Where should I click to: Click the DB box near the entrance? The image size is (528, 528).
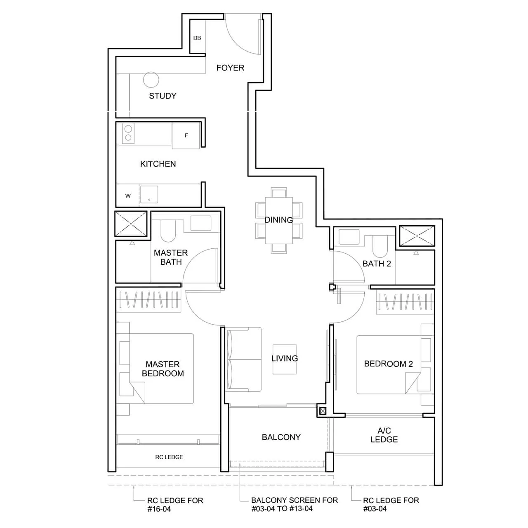coord(197,38)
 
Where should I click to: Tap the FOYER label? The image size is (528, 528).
coord(230,68)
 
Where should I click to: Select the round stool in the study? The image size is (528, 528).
coord(151,80)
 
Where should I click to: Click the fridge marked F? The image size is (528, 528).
coord(186,135)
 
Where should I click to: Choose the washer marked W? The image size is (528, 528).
coord(128,196)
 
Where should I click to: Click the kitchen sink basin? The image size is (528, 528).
coord(149,195)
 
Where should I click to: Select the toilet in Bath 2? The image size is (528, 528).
coord(379,247)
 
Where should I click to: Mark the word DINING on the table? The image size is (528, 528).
coord(279,220)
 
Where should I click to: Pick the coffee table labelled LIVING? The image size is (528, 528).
coord(284,359)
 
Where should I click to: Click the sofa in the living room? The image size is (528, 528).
coord(244,359)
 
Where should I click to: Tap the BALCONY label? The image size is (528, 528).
coord(281,437)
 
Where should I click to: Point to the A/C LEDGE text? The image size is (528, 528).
coord(384,435)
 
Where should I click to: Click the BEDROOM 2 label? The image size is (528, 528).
coord(388,364)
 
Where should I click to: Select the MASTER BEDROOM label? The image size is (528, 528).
coord(163,369)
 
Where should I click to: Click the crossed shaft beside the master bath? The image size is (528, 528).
coord(131,224)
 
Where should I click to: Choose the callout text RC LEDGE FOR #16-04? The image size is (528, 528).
coord(175,504)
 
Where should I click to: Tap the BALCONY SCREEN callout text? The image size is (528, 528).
coord(294,504)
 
